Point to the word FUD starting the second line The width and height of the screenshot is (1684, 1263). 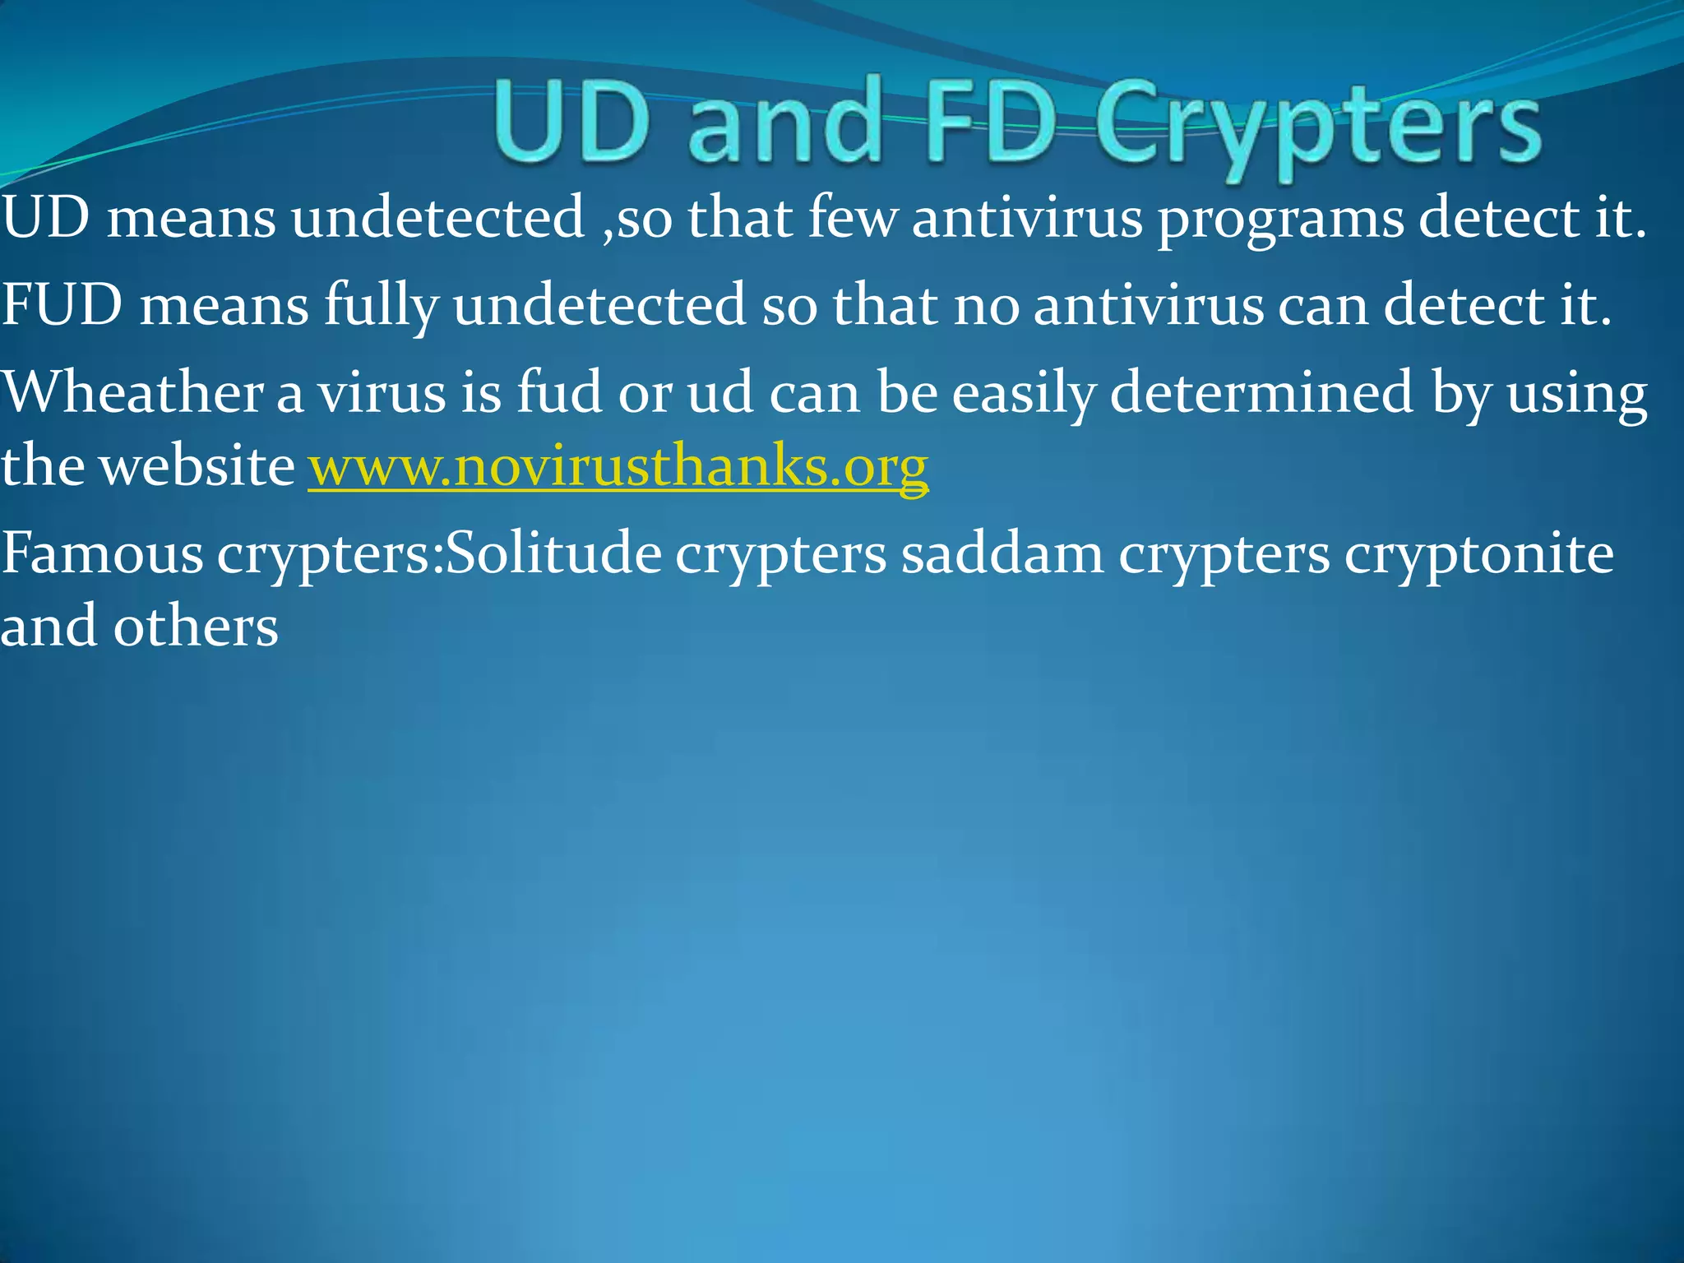tap(62, 304)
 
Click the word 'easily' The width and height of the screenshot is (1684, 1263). tap(1023, 393)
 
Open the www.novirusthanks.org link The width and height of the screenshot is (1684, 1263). tap(618, 466)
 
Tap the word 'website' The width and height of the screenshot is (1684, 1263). tap(197, 465)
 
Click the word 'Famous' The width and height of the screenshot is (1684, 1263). tap(102, 553)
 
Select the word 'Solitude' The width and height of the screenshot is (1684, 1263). tap(553, 553)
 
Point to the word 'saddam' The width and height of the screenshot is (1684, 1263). tap(1002, 553)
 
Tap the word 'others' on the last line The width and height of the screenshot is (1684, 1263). tap(196, 626)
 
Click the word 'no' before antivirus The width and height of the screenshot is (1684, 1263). tap(984, 305)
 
